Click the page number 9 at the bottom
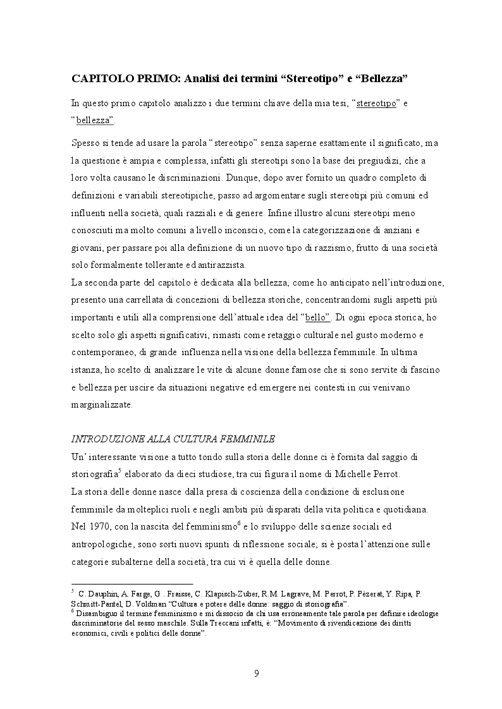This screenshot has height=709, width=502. [256, 673]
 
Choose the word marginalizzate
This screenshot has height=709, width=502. [101, 405]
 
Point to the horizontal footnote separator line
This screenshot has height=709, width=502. [132, 584]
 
